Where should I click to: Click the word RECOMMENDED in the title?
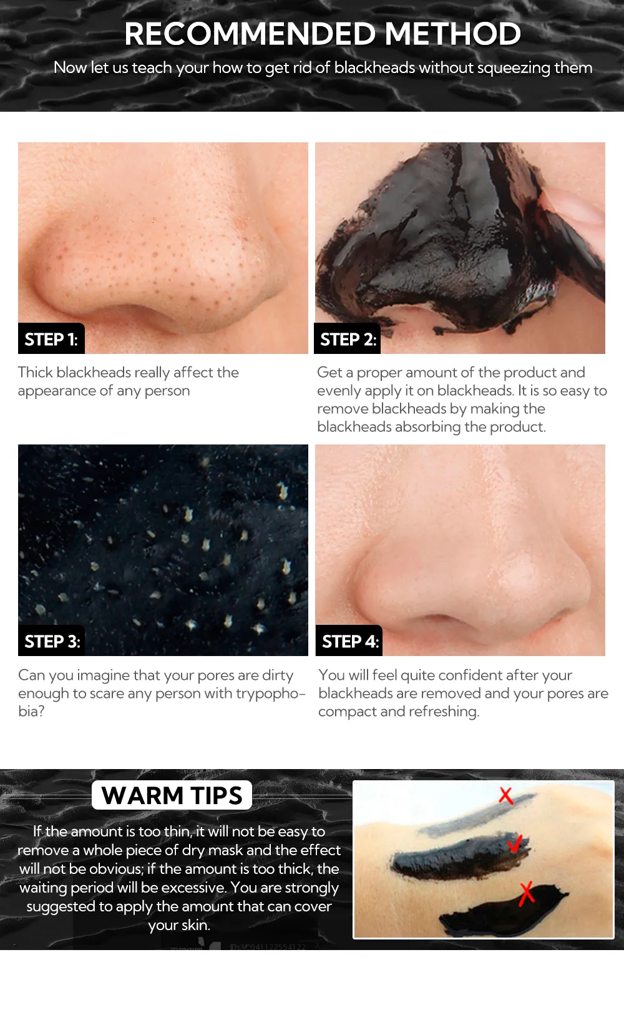pyautogui.click(x=250, y=34)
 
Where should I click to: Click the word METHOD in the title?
pyautogui.click(x=452, y=34)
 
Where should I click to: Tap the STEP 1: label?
pyautogui.click(x=51, y=339)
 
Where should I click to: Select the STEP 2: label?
pyautogui.click(x=348, y=339)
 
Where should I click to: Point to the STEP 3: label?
pyautogui.click(x=52, y=641)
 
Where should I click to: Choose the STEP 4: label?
pyautogui.click(x=349, y=641)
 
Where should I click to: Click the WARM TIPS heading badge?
pyautogui.click(x=172, y=795)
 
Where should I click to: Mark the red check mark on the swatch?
pyautogui.click(x=514, y=844)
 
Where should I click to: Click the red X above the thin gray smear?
pyautogui.click(x=506, y=796)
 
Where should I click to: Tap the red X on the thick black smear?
pyautogui.click(x=527, y=894)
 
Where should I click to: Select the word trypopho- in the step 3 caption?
pyautogui.click(x=271, y=694)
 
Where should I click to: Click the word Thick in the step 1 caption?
pyautogui.click(x=36, y=373)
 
